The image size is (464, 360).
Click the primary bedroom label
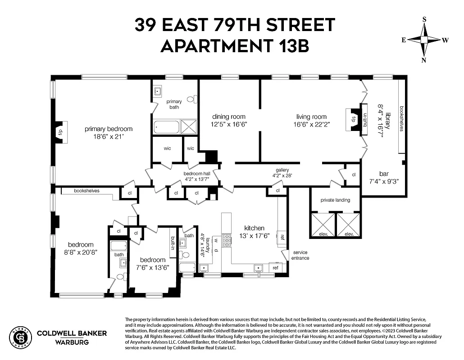pos(109,129)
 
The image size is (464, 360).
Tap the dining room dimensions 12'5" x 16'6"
pos(229,124)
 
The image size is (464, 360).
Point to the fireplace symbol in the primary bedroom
pos(60,132)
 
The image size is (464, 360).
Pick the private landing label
pos(335,200)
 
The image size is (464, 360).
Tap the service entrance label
pos(301,255)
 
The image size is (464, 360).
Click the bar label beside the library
pos(384,174)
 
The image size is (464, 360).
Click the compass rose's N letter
pos(424,60)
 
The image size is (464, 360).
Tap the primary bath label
pos(174,104)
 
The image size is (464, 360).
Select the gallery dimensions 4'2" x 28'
pos(282,175)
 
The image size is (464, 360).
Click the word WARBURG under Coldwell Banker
pos(72,342)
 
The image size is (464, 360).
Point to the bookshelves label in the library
pos(401,119)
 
